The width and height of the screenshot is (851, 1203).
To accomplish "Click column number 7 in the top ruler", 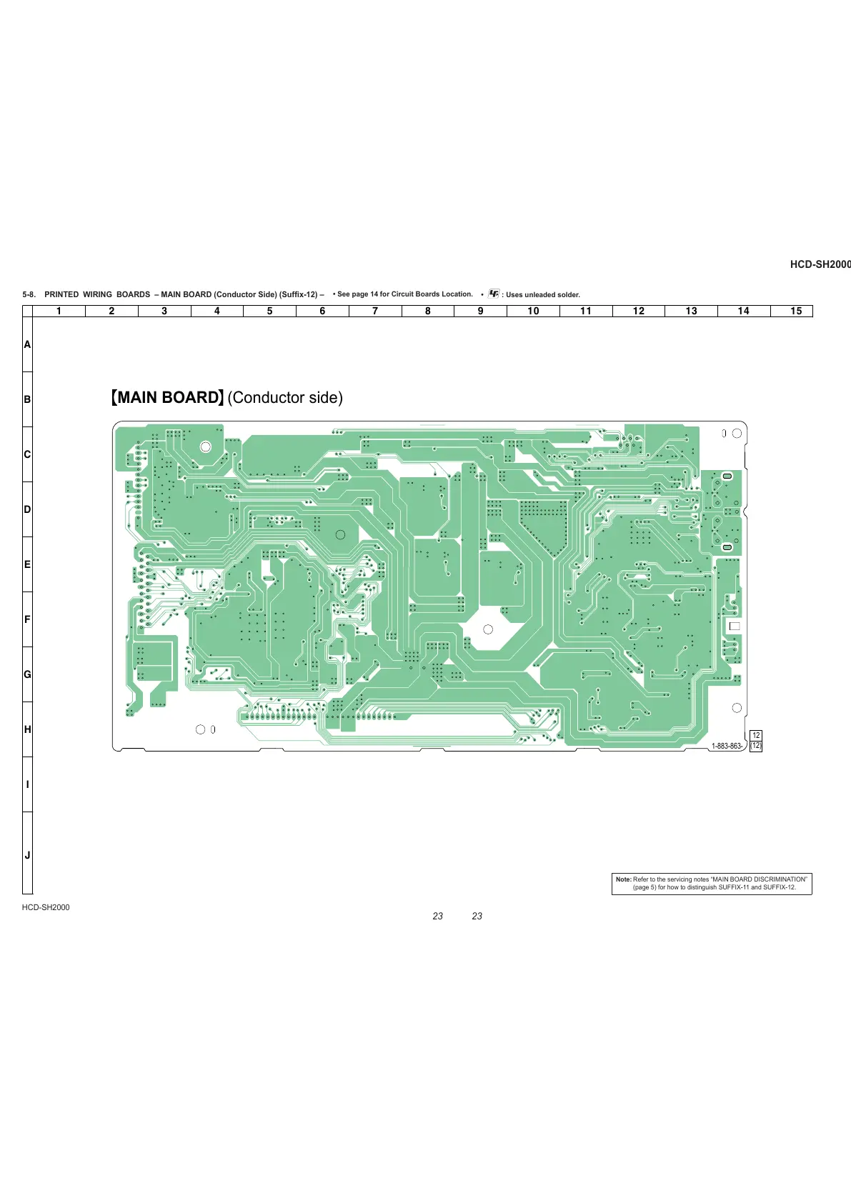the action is (375, 311).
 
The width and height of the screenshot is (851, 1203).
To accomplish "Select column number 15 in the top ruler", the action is (796, 311).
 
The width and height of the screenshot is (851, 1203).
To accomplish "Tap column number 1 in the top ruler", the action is (59, 311).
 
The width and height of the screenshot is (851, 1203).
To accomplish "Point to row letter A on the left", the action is (27, 344).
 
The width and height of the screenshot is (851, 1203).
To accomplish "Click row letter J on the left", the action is (27, 855).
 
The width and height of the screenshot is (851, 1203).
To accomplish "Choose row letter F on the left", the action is (27, 619).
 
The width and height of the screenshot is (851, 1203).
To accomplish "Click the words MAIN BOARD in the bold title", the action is (168, 398).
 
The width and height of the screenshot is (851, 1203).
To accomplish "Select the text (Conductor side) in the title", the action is (285, 398).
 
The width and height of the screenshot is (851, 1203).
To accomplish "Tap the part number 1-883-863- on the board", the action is (727, 746).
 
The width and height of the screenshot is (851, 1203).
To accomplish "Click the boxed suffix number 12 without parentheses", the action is (756, 735).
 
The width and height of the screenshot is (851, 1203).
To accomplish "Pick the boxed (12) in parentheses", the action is (756, 746).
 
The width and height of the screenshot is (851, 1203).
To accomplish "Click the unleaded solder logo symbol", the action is (494, 294).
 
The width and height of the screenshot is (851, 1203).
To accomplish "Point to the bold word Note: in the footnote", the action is (623, 879).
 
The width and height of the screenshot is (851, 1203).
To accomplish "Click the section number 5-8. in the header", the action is (29, 294).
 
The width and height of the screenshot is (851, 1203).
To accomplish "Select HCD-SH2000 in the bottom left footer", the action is (46, 907).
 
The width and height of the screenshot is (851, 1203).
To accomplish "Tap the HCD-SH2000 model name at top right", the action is (820, 264).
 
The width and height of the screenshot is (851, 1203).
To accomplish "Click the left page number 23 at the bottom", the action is (438, 916).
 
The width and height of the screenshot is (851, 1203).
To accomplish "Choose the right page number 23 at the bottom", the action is (477, 916).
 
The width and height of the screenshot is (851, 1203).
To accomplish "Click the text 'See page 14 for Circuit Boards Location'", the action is (404, 294).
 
